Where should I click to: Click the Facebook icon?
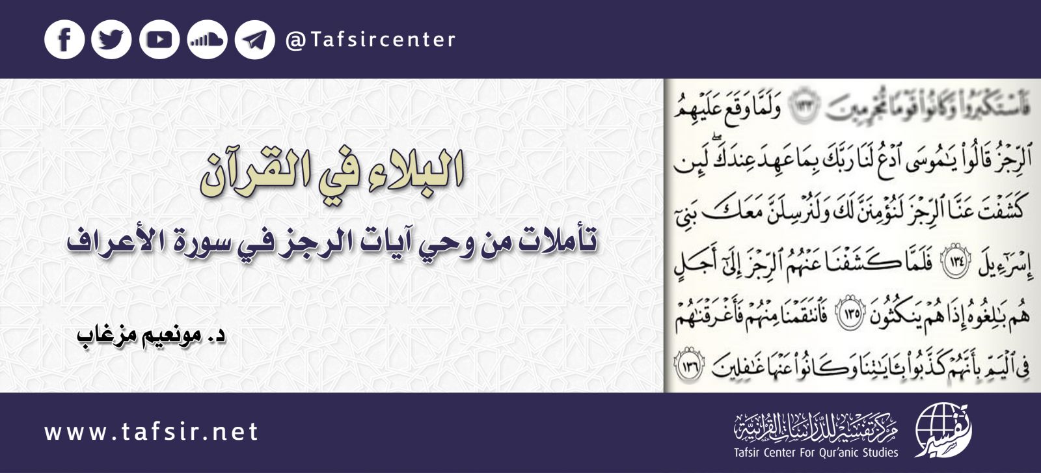click(x=64, y=40)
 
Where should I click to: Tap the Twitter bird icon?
click(x=111, y=40)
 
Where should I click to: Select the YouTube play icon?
click(x=159, y=40)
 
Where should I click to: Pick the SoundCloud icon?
click(x=207, y=40)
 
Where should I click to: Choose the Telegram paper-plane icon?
click(x=254, y=40)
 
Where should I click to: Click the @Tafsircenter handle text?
click(x=370, y=40)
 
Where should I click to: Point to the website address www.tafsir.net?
click(x=152, y=432)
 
